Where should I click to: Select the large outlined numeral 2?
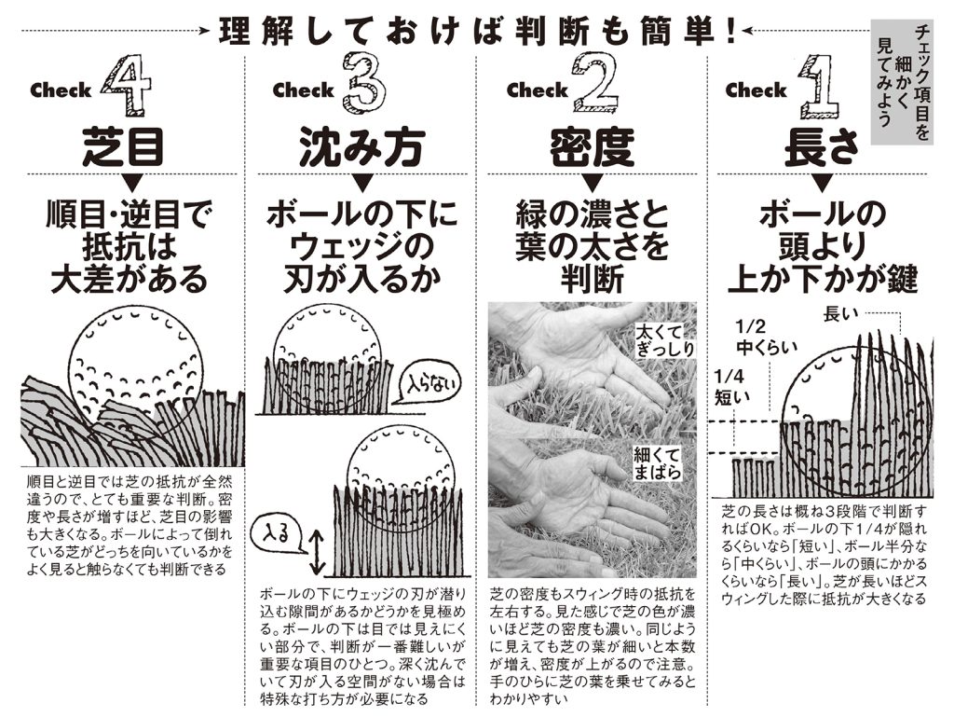(596, 83)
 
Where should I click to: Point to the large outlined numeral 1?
(820, 87)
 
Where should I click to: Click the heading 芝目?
(124, 147)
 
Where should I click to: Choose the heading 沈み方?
(361, 147)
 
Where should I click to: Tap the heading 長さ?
(822, 147)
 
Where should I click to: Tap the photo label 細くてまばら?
(657, 463)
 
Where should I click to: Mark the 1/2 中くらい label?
(766, 337)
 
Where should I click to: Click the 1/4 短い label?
(732, 387)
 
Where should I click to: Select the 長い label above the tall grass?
(840, 314)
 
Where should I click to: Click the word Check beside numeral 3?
(303, 90)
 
